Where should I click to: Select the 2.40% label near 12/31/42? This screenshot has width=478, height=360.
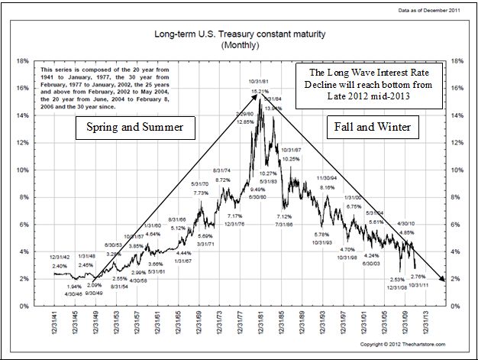point(60,266)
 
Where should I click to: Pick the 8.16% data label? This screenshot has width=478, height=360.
point(327,186)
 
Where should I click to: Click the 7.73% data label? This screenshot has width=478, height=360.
point(201,193)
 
